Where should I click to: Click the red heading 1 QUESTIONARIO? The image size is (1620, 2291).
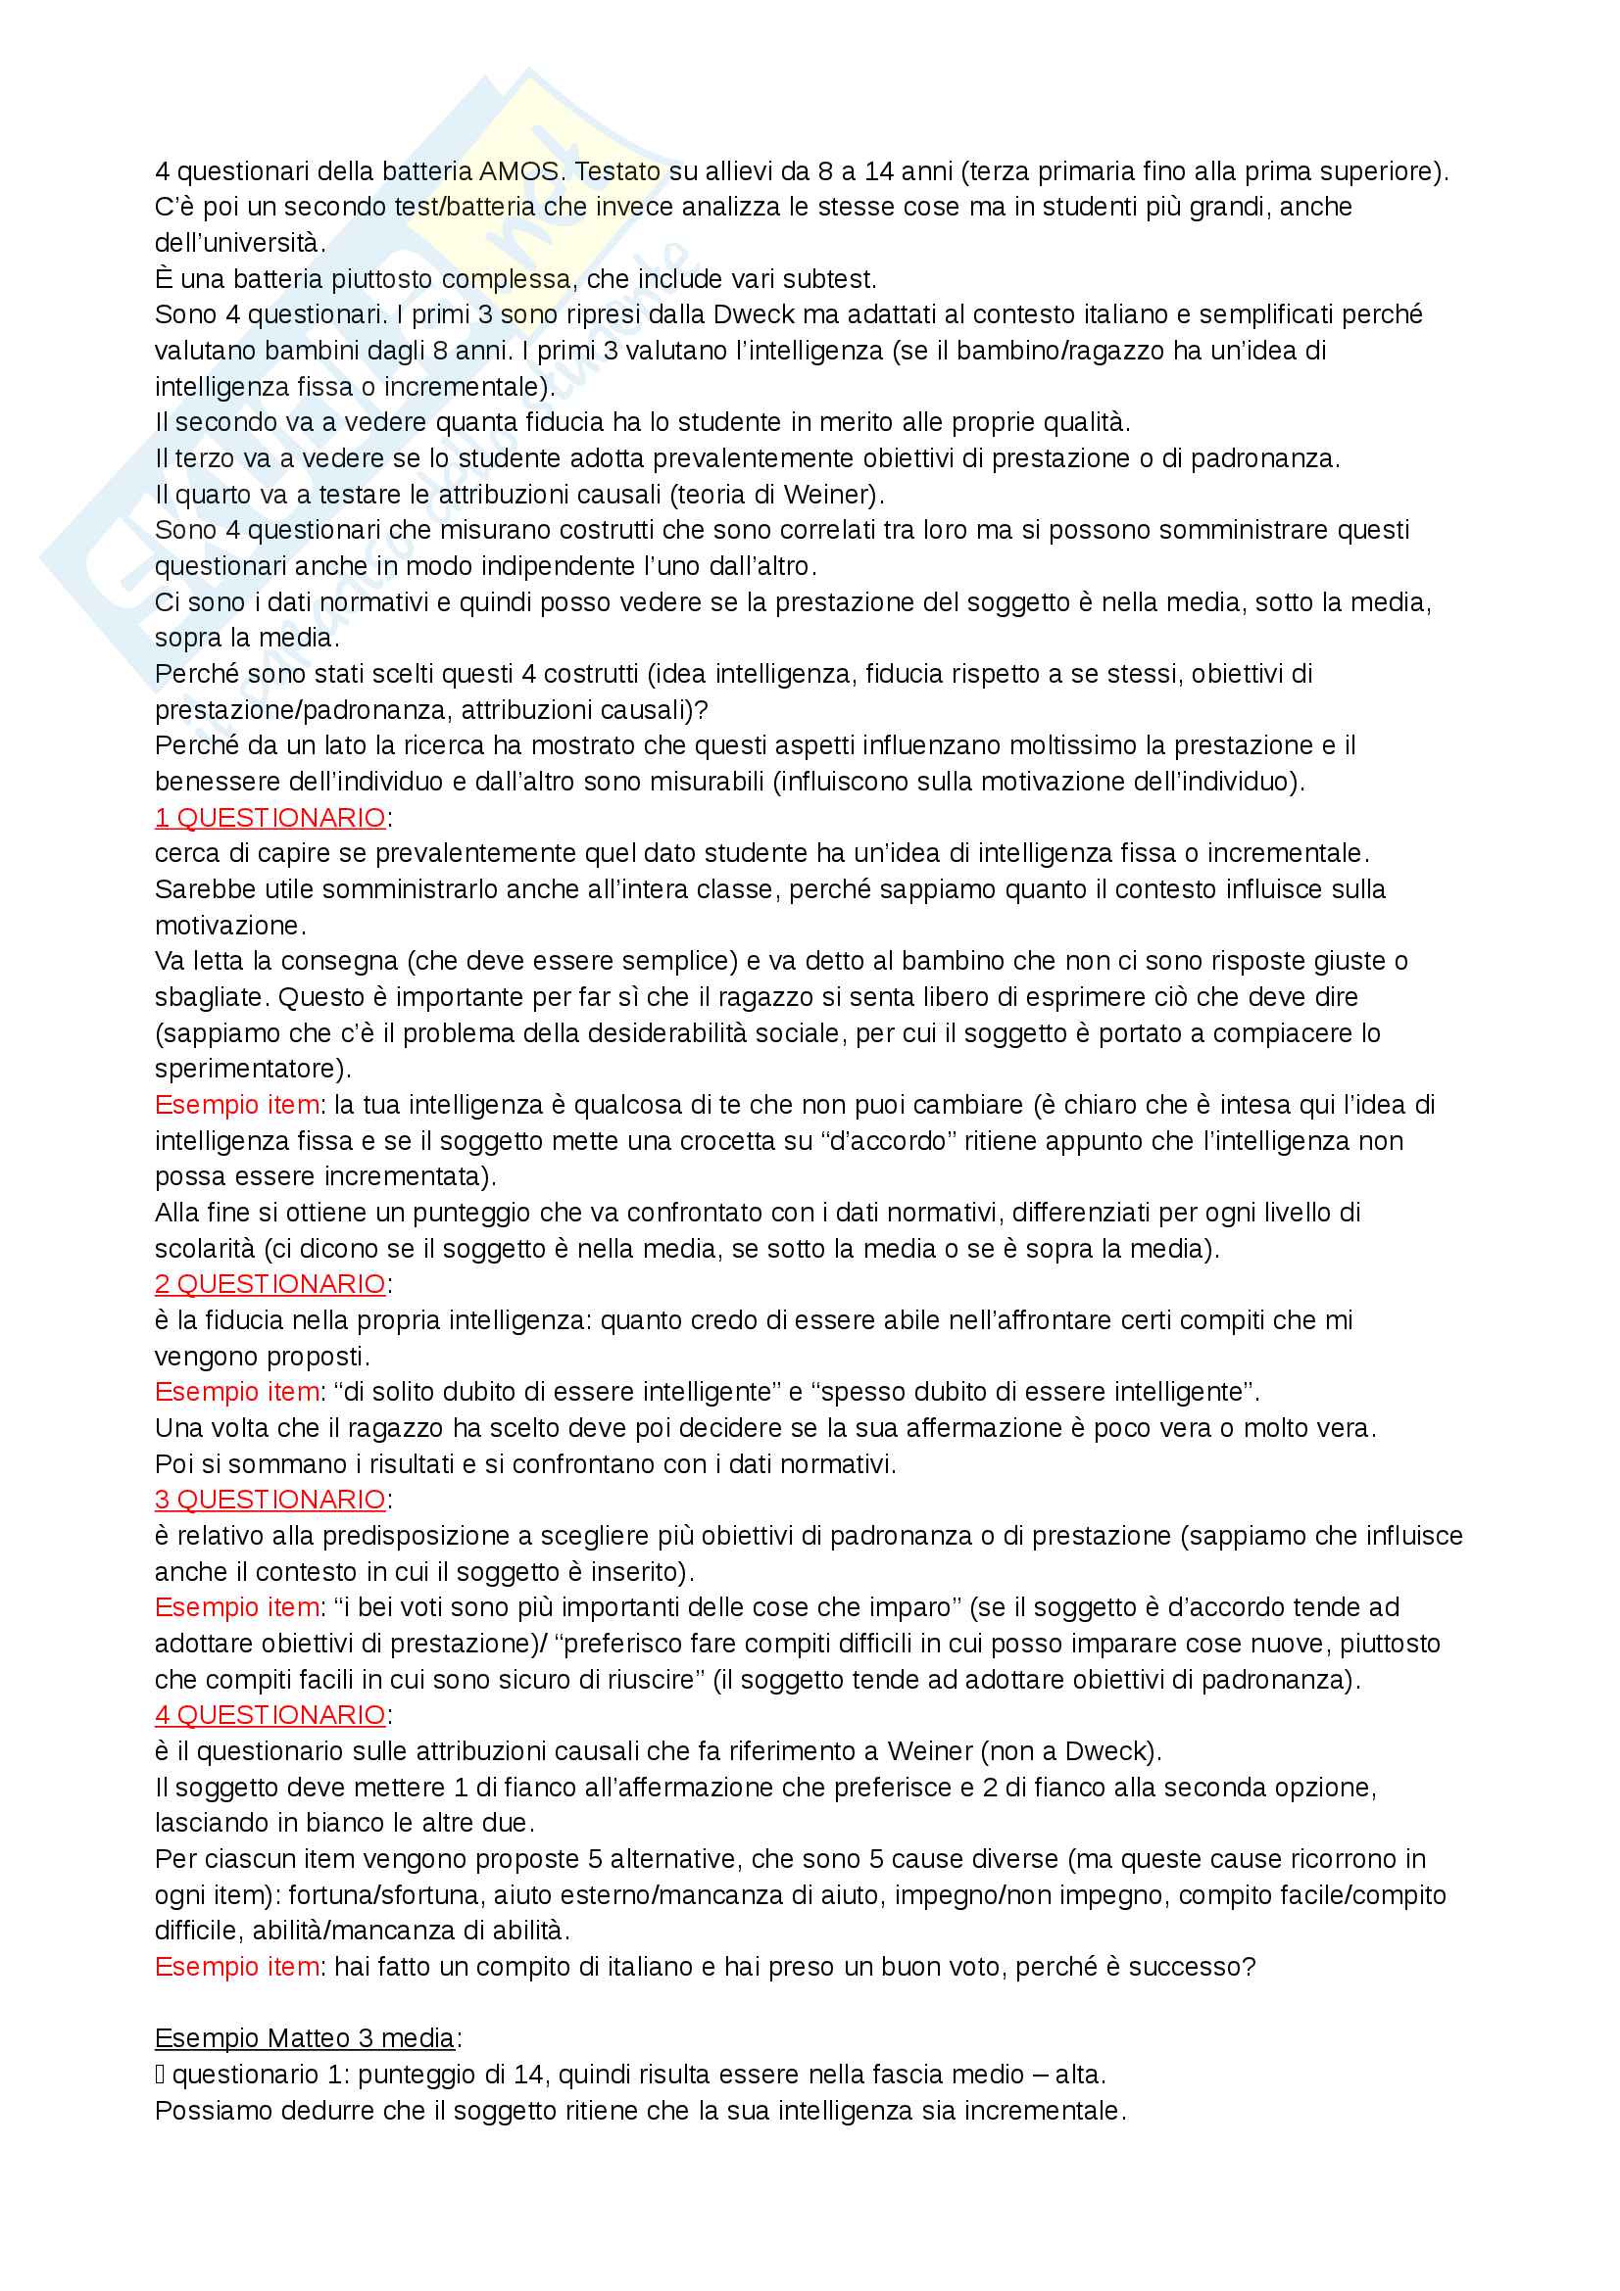coord(270,817)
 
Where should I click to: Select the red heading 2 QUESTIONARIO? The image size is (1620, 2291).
coord(270,1283)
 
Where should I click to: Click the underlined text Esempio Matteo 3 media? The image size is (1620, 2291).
coord(305,2037)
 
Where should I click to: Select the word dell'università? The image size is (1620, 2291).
coord(238,243)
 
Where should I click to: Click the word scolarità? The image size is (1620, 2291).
coord(205,1248)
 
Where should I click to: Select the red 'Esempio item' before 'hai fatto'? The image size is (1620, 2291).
coord(236,1966)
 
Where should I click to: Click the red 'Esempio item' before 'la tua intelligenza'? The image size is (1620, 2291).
coord(236,1105)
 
